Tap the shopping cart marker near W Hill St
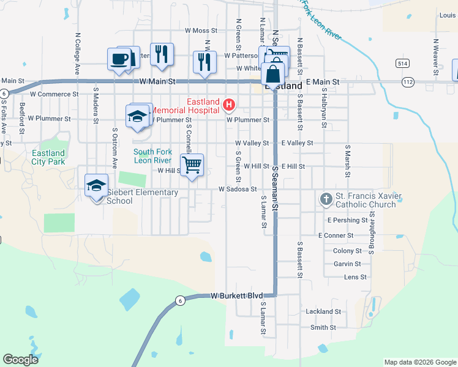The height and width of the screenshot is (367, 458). [x=192, y=165]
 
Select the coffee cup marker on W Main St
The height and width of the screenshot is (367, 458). [x=119, y=60]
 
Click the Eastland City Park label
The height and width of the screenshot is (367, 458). [x=48, y=157]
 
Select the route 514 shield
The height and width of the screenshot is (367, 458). [x=402, y=64]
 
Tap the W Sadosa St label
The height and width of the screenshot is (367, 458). [x=238, y=190]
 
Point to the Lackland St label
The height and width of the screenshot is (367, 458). [x=323, y=311]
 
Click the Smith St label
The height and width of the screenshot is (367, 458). [x=324, y=328]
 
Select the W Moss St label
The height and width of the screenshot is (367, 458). [x=196, y=30]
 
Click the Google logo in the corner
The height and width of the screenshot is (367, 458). [x=20, y=360]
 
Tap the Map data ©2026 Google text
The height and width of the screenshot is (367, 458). [x=419, y=362]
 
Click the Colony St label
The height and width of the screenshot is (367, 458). [x=347, y=251]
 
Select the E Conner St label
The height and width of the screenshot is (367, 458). [x=336, y=235]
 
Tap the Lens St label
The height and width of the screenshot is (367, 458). [x=355, y=277]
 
